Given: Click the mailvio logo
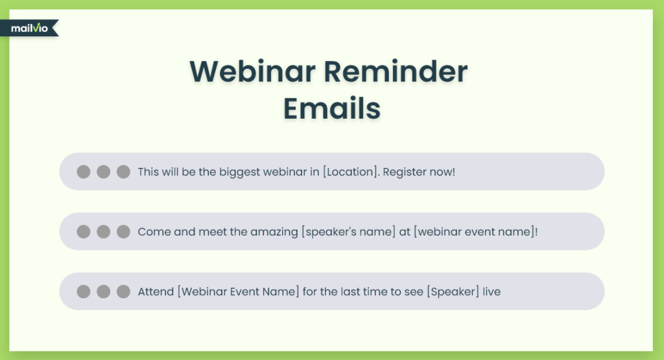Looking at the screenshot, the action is click(29, 28).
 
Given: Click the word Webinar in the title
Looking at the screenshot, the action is click(252, 71).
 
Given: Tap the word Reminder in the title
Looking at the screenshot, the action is click(396, 71).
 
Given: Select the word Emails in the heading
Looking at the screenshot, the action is click(332, 108).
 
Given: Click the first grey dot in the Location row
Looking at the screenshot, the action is click(84, 171).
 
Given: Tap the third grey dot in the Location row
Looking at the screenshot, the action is click(123, 171).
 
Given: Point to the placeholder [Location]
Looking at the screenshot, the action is click(350, 171).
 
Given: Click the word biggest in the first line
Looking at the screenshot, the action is click(240, 172).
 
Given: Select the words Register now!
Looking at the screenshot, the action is click(419, 171).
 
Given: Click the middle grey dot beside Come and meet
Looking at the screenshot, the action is click(103, 232).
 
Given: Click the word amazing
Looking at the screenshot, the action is click(274, 232).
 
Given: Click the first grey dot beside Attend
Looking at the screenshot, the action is click(84, 291).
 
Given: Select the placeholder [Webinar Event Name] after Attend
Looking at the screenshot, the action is click(238, 291).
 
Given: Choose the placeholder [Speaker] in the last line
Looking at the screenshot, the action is click(453, 291).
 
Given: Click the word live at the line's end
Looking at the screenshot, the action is click(492, 291).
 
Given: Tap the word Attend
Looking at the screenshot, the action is click(156, 291).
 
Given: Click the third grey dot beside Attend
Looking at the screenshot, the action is click(123, 291).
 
